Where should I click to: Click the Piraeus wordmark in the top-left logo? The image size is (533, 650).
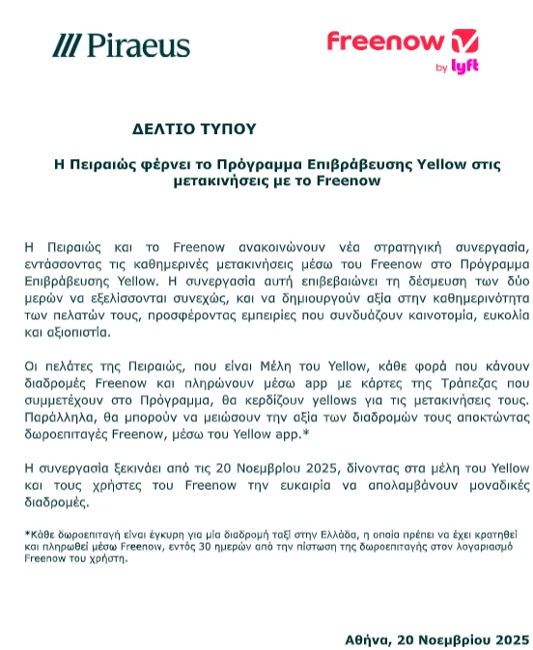coord(138,45)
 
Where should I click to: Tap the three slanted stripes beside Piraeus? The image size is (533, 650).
coord(66,45)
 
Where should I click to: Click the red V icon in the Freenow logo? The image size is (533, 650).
coord(463,41)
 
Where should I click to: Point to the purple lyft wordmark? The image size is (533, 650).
coord(465,67)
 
